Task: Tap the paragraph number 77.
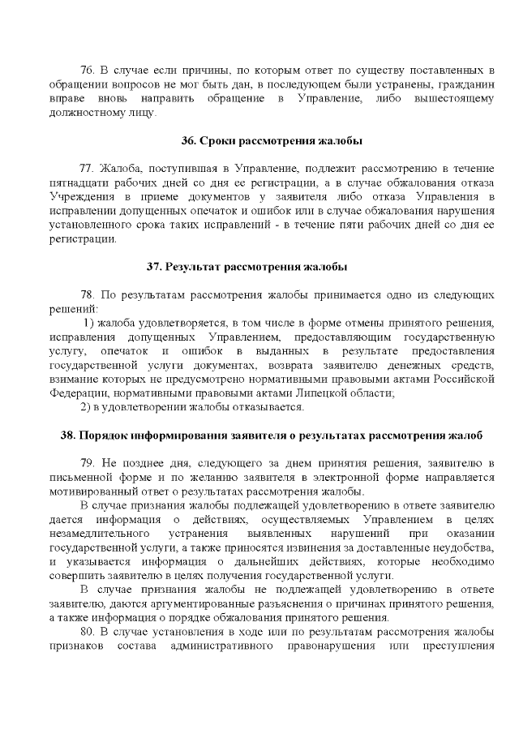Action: click(88, 168)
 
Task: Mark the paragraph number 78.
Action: click(88, 295)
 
